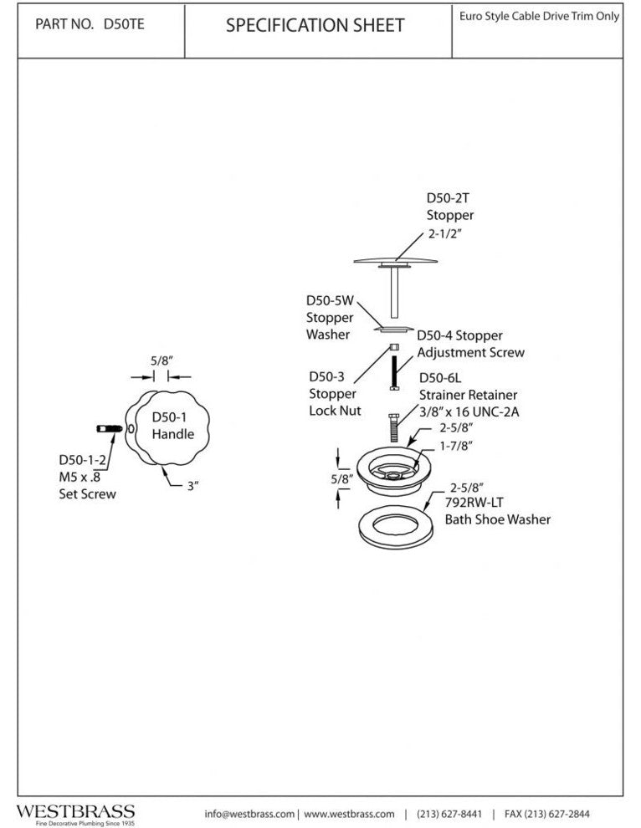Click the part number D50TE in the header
pyautogui.click(x=123, y=24)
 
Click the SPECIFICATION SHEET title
pyautogui.click(x=315, y=26)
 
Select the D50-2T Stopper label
pyautogui.click(x=450, y=207)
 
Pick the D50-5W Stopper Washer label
pyautogui.click(x=329, y=318)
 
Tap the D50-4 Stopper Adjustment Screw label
pyautogui.click(x=470, y=344)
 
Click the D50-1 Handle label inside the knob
pyautogui.click(x=172, y=426)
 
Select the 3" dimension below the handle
pyautogui.click(x=192, y=485)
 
